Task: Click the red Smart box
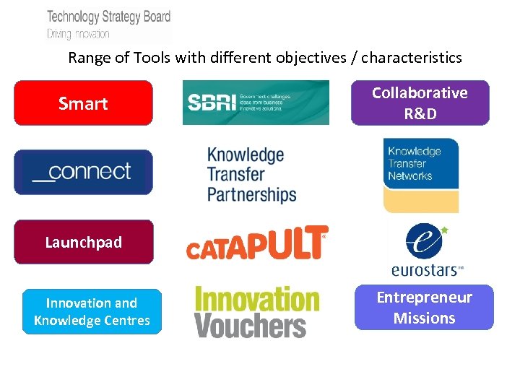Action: (83, 103)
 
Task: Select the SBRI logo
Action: (256, 103)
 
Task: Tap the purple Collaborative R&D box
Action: (420, 103)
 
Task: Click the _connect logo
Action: (83, 172)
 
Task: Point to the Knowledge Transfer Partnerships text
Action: (251, 175)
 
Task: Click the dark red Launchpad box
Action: (83, 242)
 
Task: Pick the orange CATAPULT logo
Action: (256, 243)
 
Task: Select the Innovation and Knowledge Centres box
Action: (92, 311)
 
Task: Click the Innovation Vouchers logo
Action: (256, 311)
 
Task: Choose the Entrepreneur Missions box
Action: (424, 308)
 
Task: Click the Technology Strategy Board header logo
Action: (108, 23)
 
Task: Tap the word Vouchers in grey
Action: (251, 325)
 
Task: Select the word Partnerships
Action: (251, 194)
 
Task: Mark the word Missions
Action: (424, 318)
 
